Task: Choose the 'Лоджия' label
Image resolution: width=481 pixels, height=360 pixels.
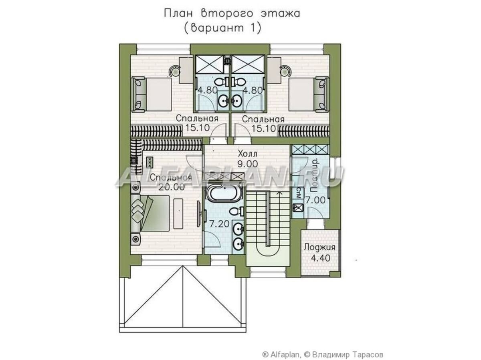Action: [319, 247]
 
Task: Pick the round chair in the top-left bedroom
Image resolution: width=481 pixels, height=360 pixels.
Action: [175, 71]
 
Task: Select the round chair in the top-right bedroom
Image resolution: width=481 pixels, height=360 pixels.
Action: [285, 71]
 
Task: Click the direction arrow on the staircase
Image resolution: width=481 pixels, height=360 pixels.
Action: [279, 193]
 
